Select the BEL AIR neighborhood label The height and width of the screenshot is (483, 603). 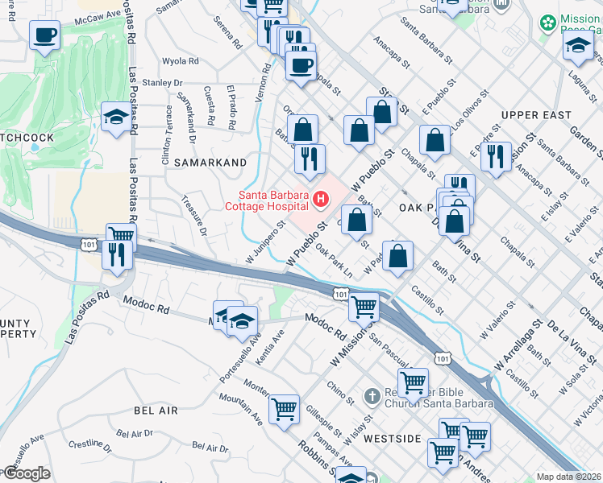click(156, 411)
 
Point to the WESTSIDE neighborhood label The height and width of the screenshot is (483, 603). click(392, 439)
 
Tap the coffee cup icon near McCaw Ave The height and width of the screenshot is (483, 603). click(45, 35)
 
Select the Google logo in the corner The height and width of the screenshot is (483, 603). click(26, 474)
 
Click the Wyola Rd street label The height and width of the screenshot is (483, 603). click(181, 61)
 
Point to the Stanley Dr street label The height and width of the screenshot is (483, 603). click(163, 83)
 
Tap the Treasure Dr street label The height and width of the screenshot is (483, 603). click(194, 216)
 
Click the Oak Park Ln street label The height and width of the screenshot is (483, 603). click(334, 260)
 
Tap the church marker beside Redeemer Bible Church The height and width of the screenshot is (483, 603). click(371, 396)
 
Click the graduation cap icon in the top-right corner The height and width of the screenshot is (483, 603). click(578, 47)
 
